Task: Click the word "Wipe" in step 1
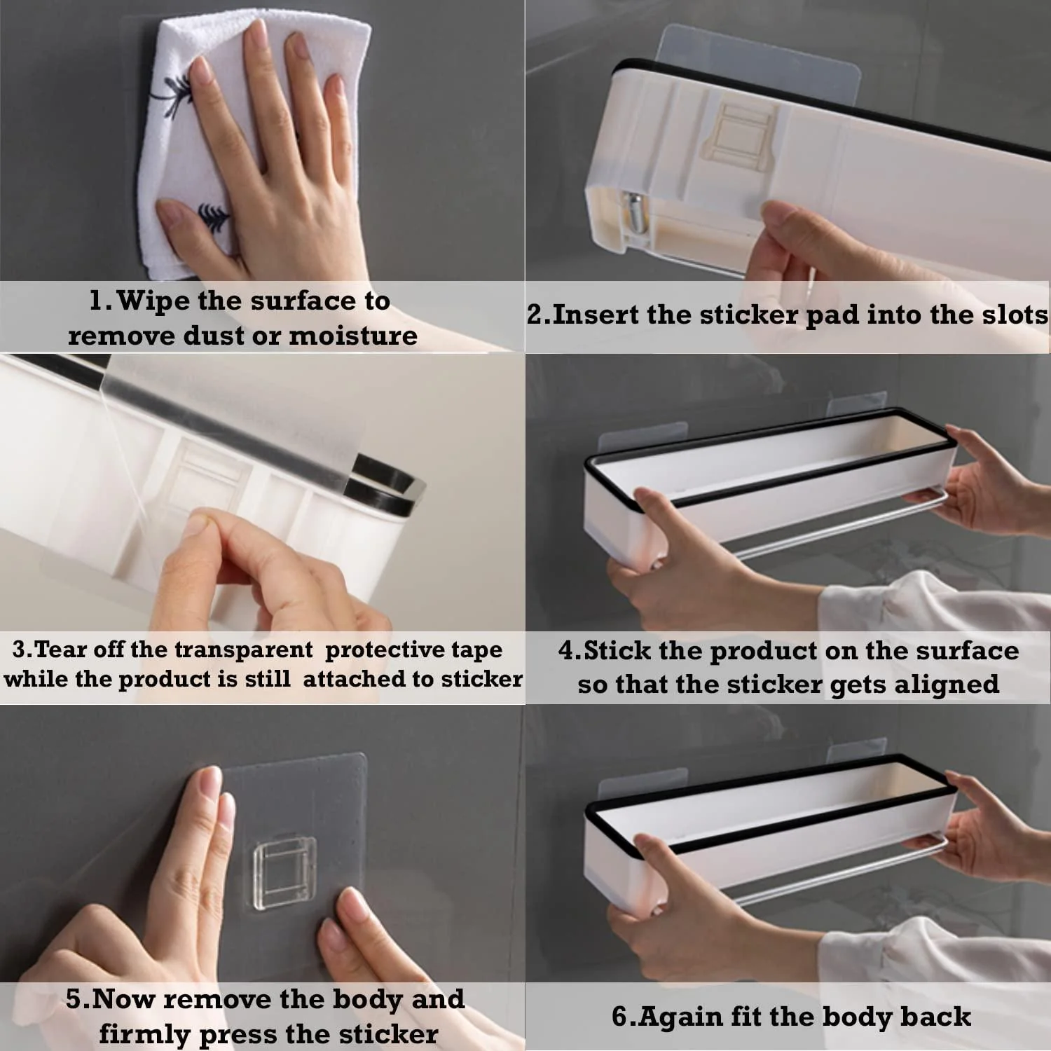click(153, 301)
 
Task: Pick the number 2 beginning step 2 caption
click(535, 315)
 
